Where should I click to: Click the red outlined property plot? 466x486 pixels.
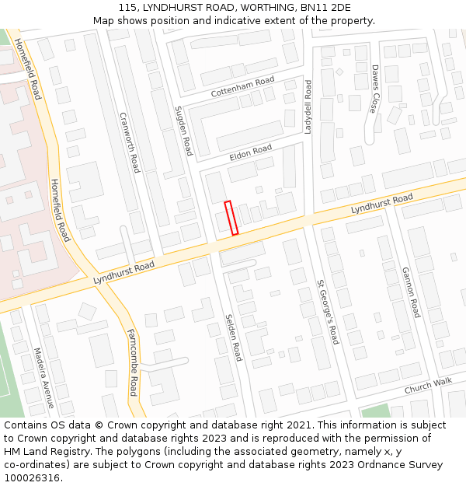point(231,218)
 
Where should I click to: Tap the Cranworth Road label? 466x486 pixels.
point(130,142)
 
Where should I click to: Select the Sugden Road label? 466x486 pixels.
point(183,130)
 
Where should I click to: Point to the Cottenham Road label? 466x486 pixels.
point(243,87)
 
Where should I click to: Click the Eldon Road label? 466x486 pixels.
point(250,152)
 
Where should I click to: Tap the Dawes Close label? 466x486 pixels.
point(374,89)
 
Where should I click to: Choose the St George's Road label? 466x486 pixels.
point(328,313)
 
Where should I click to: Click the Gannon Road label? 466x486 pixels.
point(410,292)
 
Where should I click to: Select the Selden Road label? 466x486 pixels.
point(234,337)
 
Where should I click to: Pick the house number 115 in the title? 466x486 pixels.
point(128,8)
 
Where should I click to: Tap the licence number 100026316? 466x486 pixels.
point(32,478)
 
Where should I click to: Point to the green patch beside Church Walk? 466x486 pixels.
point(376,411)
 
